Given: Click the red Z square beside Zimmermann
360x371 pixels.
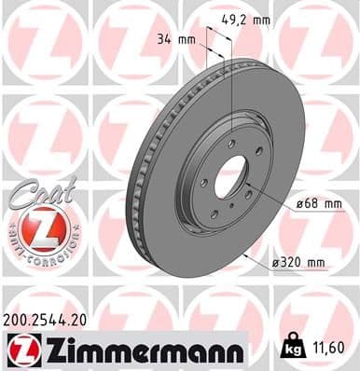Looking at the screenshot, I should (20, 349).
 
